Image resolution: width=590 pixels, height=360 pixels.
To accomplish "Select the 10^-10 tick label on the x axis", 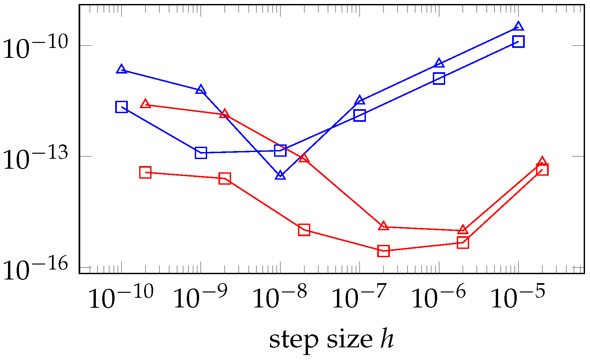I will point(121,297).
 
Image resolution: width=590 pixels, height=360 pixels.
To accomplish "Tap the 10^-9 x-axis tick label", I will point(201,297).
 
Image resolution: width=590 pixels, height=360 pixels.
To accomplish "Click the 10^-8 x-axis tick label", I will point(280,297).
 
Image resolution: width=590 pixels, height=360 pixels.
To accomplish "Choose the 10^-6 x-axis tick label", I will point(439,297).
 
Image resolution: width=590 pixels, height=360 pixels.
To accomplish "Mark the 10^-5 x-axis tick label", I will point(518,297).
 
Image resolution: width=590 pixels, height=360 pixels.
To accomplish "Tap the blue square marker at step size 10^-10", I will point(122,107).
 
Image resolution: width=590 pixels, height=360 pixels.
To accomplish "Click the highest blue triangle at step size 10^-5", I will point(518,27).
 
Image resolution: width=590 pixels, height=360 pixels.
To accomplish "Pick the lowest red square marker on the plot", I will point(384,251).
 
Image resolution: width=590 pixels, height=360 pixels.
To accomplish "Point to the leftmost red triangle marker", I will point(145,104).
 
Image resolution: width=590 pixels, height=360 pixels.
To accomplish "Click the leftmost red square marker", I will point(145,172).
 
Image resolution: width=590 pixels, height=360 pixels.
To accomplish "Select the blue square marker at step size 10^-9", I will point(201,153).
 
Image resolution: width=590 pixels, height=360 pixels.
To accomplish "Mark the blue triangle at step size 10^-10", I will point(122,69).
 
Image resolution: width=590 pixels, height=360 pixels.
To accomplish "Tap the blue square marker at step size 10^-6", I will point(439,79).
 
